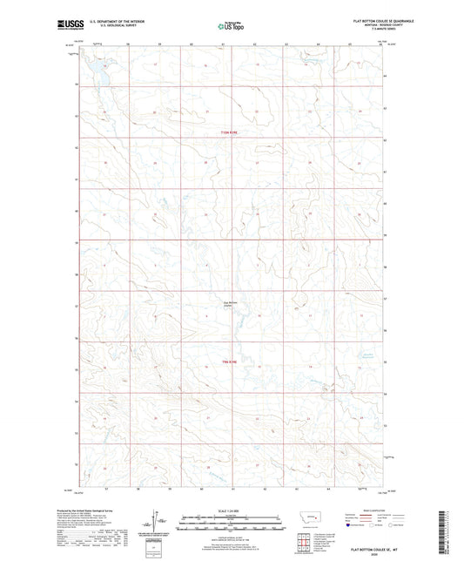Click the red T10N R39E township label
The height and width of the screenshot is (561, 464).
(229, 132)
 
